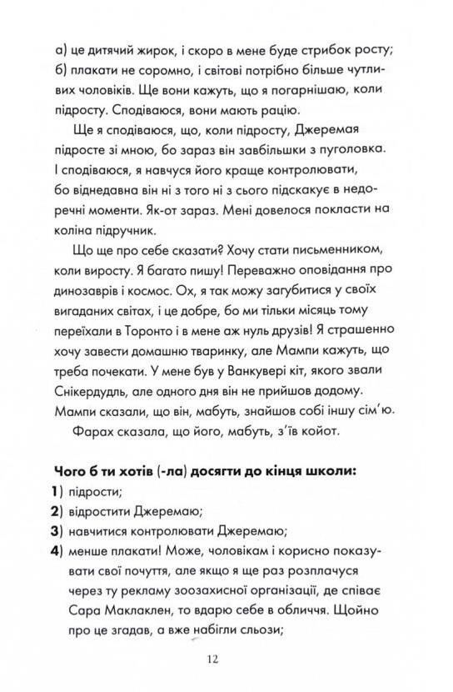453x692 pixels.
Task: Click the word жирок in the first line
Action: point(168,48)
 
